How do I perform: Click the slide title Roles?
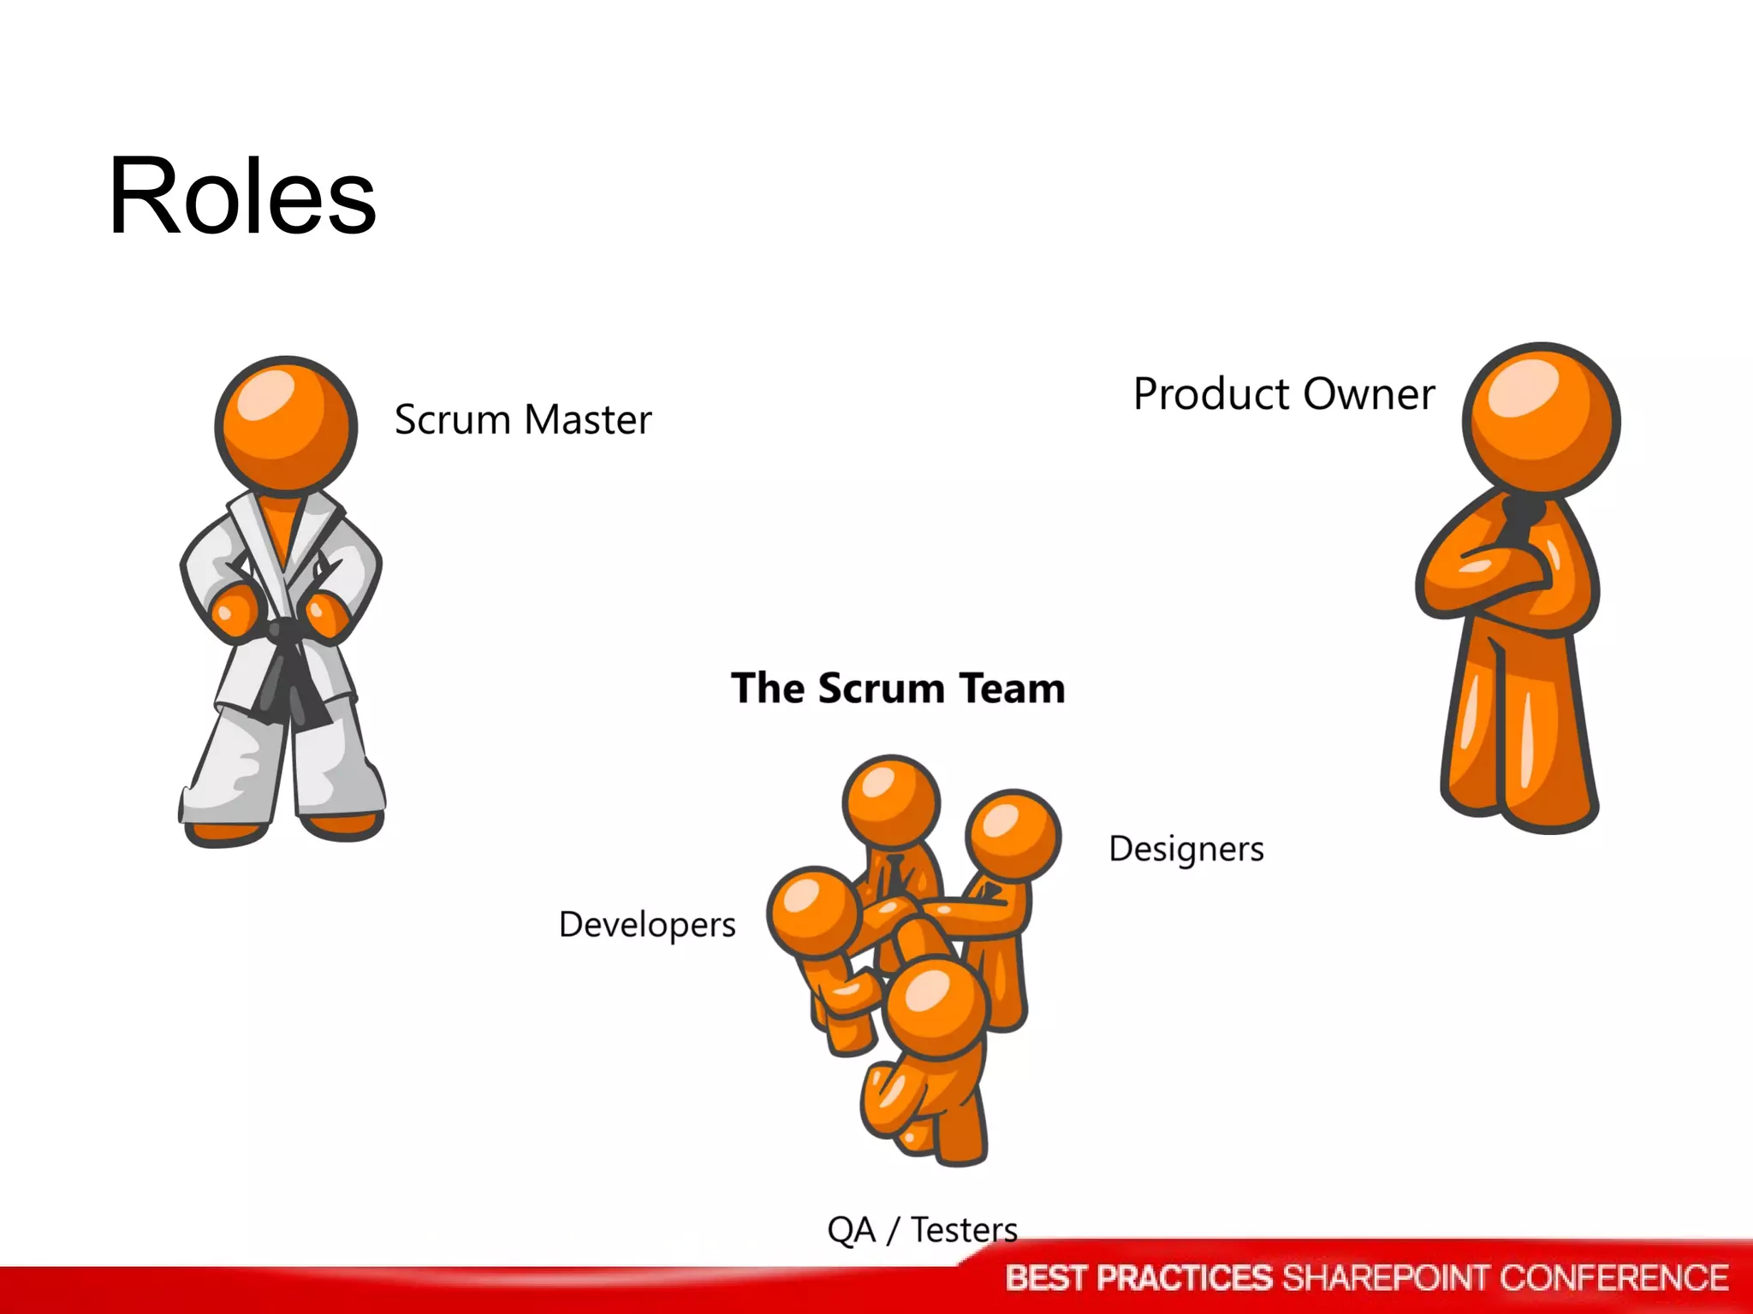point(242,197)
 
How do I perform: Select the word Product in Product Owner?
point(1210,395)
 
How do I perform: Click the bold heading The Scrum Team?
point(898,689)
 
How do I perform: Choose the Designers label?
point(1186,849)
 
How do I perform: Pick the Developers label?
point(647,925)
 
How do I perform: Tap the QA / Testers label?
point(922,1230)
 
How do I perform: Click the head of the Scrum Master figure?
point(286,425)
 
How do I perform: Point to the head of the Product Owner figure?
point(1541,419)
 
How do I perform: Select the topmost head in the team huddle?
point(891,802)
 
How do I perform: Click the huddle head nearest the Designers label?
point(1013,834)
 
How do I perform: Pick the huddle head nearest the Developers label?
point(813,912)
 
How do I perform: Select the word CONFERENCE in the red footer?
point(1613,1278)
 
